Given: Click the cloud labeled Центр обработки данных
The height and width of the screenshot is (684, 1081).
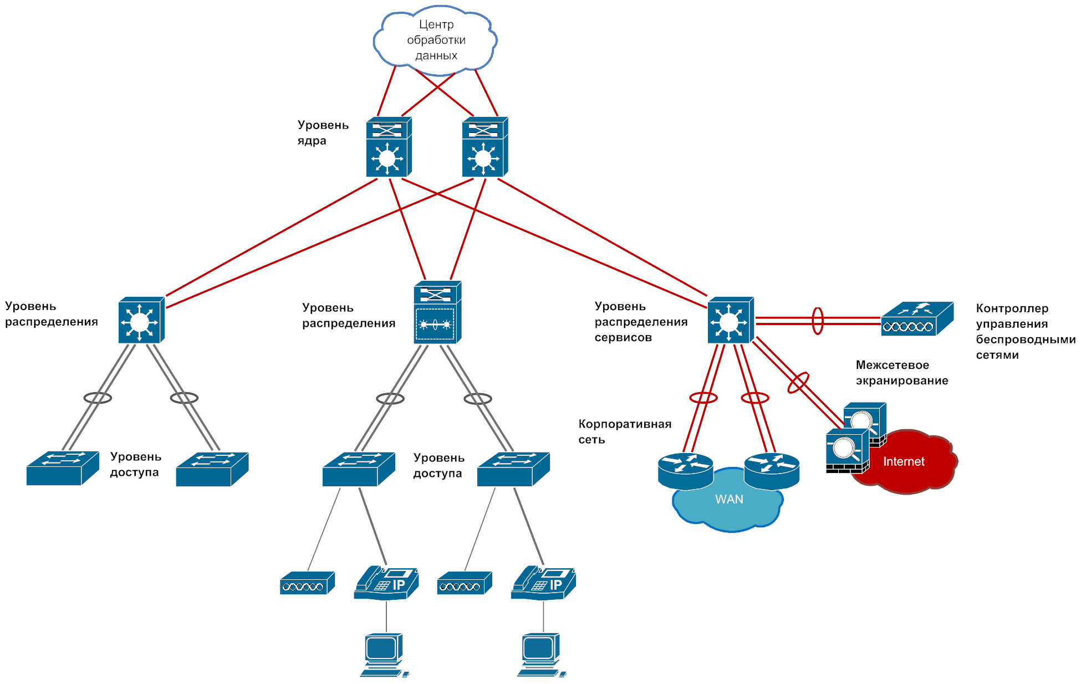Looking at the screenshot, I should point(436,40).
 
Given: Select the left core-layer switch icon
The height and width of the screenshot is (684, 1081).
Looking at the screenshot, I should point(388,147).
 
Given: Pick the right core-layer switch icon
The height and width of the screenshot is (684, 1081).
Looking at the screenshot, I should point(485,147).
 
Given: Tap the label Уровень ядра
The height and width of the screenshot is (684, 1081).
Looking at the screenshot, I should point(323,133).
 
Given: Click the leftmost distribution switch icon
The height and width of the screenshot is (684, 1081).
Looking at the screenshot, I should point(141,321).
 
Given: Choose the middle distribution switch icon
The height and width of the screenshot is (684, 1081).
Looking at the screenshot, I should point(437,313).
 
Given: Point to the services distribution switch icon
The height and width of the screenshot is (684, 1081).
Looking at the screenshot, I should point(730,321).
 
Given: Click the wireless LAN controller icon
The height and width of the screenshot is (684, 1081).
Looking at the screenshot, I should point(917,319).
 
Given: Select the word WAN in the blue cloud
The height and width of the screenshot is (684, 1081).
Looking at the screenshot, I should point(729,500).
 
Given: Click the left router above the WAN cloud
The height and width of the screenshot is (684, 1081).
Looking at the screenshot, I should point(685,471).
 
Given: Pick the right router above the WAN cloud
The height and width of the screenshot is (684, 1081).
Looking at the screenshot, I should point(772,471).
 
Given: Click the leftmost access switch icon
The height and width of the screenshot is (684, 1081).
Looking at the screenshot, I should point(62,469).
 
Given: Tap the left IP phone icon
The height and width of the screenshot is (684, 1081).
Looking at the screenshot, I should point(386,583).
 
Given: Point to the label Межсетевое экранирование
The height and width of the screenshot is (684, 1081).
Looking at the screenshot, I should point(901,373).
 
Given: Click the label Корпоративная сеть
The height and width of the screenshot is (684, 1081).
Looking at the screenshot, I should point(625,431).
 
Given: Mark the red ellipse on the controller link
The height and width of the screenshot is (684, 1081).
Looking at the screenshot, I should point(818,321).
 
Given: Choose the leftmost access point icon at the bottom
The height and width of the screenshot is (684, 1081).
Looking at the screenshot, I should point(307,584).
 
